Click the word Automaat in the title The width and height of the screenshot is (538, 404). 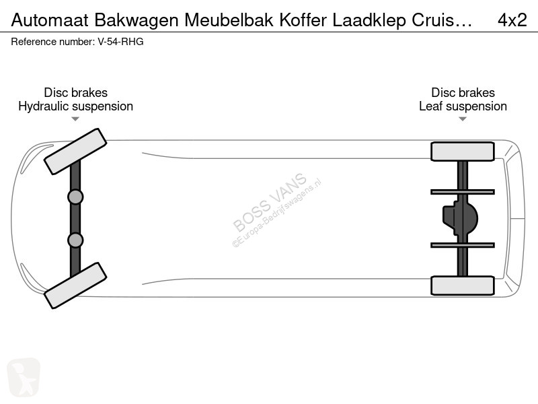pos(50,20)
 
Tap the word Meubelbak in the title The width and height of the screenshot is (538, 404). pos(229,20)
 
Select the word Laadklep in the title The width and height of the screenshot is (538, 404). pos(369,21)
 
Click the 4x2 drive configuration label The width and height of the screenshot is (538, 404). pos(512,20)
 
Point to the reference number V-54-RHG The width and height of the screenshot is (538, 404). pos(120,42)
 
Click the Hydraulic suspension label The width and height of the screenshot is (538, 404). pos(75,106)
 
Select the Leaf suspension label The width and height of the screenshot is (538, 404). pos(463,106)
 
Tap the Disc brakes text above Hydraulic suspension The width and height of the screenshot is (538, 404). pos(75,92)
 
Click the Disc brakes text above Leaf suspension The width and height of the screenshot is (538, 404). pos(463,92)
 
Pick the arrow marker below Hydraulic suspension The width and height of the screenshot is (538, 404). pos(75,119)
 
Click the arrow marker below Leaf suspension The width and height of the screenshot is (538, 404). pos(463,119)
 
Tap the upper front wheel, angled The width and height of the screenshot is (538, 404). pos(75,151)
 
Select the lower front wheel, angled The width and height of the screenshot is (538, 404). pos(75,285)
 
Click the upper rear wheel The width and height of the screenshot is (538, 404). pos(463,151)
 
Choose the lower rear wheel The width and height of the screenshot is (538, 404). pos(463,285)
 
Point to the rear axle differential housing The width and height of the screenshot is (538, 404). pos(461,218)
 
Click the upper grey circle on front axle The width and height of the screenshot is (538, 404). pos(75,197)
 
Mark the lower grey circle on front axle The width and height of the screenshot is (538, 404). pos(75,240)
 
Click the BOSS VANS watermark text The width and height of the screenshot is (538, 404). pos(270,203)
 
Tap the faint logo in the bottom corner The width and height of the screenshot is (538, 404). pos(24,378)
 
